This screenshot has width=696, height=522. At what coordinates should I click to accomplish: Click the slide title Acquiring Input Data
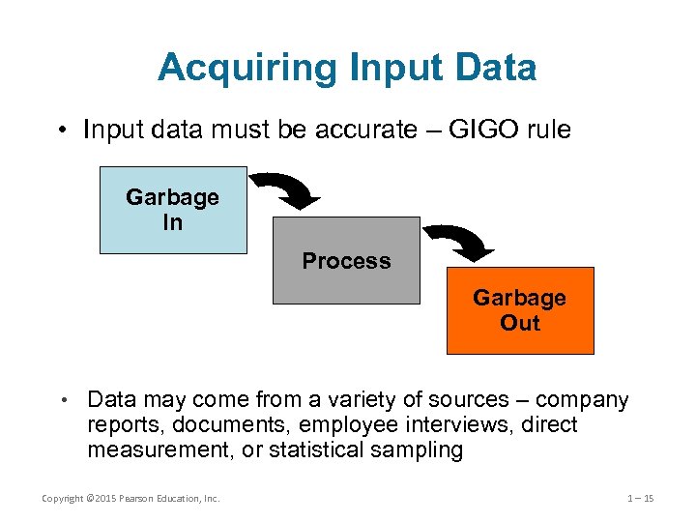coord(347,68)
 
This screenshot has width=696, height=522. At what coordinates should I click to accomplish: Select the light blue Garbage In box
coord(173,210)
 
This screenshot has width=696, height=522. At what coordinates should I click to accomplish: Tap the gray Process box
coord(346,261)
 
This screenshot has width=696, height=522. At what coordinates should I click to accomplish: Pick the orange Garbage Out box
coord(519,310)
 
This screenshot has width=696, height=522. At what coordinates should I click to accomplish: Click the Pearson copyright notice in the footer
coord(130,498)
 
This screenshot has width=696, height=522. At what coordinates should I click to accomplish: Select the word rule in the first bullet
coord(550,130)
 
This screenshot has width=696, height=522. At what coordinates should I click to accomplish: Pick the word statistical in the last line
coord(316,450)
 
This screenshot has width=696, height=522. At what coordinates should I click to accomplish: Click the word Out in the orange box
coord(519,323)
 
